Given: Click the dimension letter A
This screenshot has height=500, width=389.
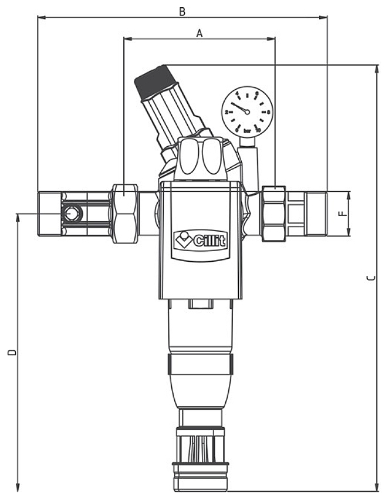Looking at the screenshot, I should (199, 33).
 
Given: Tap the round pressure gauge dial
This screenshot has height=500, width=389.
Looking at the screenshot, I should (246, 110).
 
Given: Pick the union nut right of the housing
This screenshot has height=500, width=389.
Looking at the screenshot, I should (274, 214).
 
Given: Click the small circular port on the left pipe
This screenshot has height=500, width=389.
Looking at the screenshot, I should (72, 214).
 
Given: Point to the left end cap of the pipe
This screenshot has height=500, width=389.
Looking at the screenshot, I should (50, 214).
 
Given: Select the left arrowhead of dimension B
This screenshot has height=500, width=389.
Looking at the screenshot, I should (40, 17).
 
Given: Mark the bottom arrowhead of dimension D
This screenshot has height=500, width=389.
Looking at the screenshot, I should (18, 487).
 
